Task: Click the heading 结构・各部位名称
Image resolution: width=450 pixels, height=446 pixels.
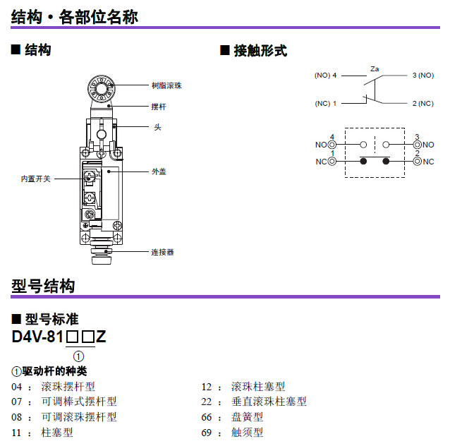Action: (74, 16)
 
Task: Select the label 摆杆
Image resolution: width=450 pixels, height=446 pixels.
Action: (159, 107)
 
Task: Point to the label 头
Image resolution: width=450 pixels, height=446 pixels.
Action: (157, 127)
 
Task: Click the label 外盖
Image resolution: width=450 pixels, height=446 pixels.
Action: (159, 171)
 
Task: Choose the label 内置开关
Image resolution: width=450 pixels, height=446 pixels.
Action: (36, 179)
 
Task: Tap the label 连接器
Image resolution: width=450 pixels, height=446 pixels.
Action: (162, 251)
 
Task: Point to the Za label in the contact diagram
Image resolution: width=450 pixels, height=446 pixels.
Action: (375, 68)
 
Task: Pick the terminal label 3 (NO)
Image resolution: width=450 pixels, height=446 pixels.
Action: (423, 76)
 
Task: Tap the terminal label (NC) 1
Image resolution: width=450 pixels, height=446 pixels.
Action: (326, 104)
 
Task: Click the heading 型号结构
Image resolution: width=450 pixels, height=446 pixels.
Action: (43, 286)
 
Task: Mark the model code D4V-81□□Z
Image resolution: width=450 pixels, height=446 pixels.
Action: (59, 337)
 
